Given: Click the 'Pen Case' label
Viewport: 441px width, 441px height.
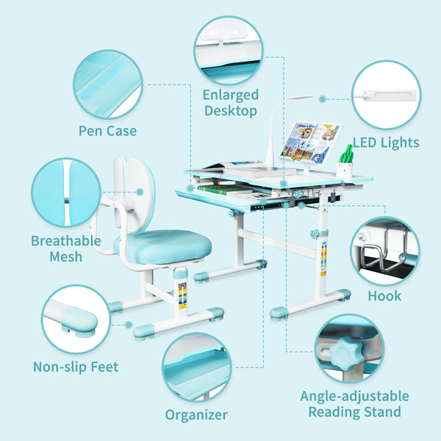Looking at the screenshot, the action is coord(107,131).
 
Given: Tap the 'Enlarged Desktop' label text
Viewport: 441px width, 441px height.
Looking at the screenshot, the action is coord(231,103).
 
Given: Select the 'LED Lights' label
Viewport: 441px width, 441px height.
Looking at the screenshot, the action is coord(386,143).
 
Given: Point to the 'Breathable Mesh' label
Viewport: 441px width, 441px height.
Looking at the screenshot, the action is coord(66,248).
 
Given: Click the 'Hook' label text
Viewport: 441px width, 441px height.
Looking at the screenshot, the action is coord(384,296).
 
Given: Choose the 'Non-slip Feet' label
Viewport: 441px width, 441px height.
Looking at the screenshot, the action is coord(76,367).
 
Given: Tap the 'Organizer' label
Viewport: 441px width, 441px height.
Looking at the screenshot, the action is coord(196,415).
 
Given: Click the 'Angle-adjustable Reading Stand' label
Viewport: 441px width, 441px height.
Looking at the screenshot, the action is coord(355,404).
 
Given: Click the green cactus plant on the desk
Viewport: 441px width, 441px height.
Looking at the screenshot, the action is coord(346,154).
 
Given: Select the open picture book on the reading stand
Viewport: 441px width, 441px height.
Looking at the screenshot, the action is coord(311,143).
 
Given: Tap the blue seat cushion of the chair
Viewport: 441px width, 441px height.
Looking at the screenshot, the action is coord(162,246).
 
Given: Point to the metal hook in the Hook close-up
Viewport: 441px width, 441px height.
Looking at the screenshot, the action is coord(384,251).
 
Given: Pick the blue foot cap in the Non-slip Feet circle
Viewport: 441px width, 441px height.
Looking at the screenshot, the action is coord(79,322).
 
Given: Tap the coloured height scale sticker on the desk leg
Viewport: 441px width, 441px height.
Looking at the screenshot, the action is coord(324,259).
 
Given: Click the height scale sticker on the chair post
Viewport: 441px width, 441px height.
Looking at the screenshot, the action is coord(182,295).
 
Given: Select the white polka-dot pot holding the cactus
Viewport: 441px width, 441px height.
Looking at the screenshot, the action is coord(345,169).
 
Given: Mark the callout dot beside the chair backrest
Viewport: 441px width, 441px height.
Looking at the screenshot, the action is coord(140,192).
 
